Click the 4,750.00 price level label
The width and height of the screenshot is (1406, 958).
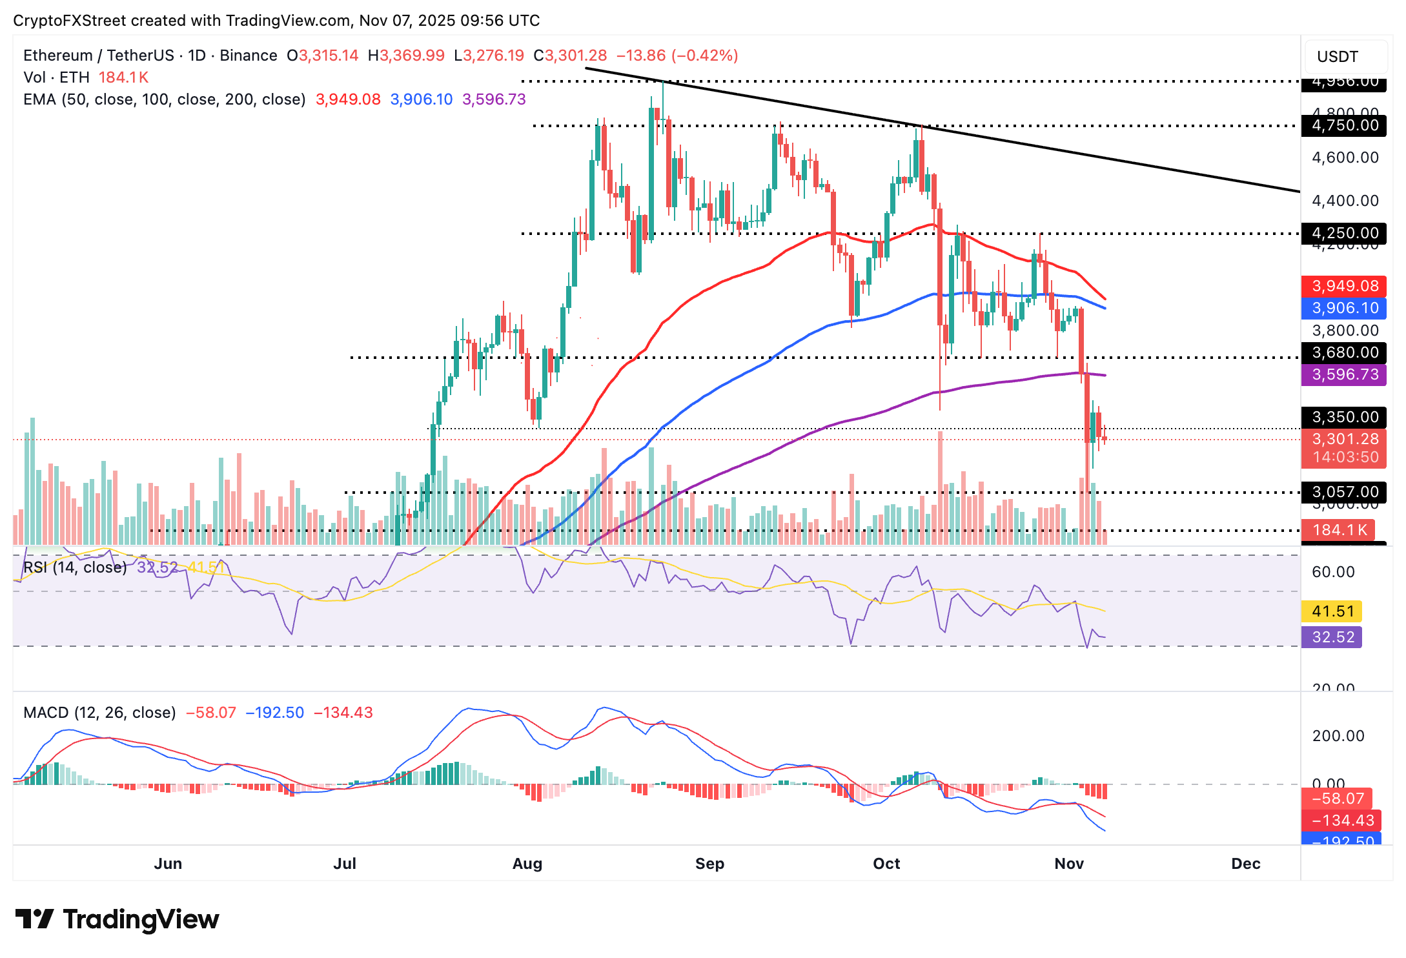pos(1344,125)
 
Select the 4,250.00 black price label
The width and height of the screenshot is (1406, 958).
pos(1344,233)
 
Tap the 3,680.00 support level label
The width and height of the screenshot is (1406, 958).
pos(1344,352)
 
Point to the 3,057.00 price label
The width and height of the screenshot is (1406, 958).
pos(1344,492)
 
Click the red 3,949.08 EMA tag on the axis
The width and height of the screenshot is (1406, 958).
pos(1344,286)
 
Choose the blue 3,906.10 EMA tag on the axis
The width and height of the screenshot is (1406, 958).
pos(1344,308)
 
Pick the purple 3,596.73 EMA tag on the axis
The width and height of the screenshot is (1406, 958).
pos(1344,374)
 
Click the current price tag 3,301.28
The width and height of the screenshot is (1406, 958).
pos(1344,440)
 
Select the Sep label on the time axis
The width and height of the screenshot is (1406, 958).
pos(709,864)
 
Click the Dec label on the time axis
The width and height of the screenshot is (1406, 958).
pos(1245,864)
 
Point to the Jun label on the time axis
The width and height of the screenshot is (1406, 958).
pos(168,864)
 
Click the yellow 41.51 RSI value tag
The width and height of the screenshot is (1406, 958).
pos(1332,611)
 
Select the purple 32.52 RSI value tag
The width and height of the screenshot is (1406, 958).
pos(1332,637)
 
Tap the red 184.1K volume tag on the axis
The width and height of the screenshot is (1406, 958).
pos(1339,530)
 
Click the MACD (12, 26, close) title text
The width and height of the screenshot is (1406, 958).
pos(99,713)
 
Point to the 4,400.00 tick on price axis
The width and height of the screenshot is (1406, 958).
pos(1345,201)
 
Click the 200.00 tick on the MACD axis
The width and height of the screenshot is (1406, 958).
pos(1338,736)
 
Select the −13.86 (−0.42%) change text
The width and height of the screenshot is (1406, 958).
pos(677,56)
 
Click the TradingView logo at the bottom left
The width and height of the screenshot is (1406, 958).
pos(117,919)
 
